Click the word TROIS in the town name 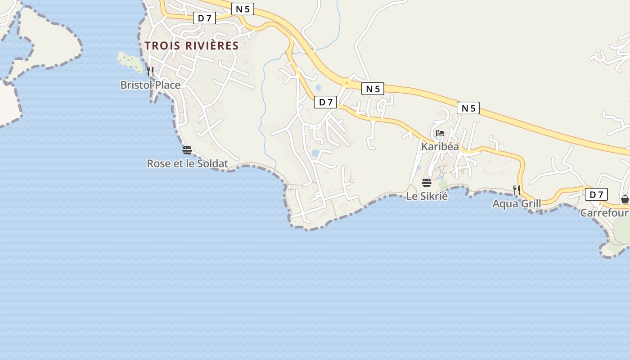[x=162, y=45]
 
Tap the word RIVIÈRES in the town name [x=212, y=45]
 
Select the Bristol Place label [x=150, y=85]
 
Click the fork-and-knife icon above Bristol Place [x=150, y=71]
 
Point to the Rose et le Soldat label [x=188, y=163]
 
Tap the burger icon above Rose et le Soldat [x=187, y=150]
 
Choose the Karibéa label [x=440, y=146]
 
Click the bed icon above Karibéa [x=440, y=133]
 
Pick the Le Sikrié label [x=427, y=196]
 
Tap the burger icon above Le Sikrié [x=427, y=183]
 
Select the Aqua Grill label [x=517, y=203]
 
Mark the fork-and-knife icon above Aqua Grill [x=517, y=190]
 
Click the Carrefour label [x=604, y=212]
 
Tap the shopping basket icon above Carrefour [x=625, y=199]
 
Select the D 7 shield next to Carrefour [x=596, y=194]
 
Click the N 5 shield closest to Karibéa [x=468, y=108]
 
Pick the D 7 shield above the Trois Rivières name [x=205, y=18]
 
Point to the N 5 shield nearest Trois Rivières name [x=243, y=9]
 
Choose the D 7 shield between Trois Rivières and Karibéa [x=325, y=102]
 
